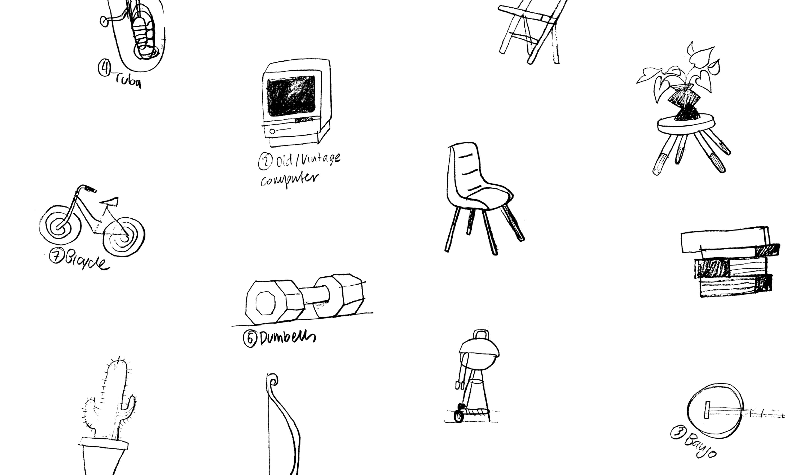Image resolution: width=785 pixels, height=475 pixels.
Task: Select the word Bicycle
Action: tap(87, 262)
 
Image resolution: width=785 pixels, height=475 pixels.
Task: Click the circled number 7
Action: tap(56, 256)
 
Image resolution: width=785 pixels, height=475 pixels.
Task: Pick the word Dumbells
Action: tap(288, 338)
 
